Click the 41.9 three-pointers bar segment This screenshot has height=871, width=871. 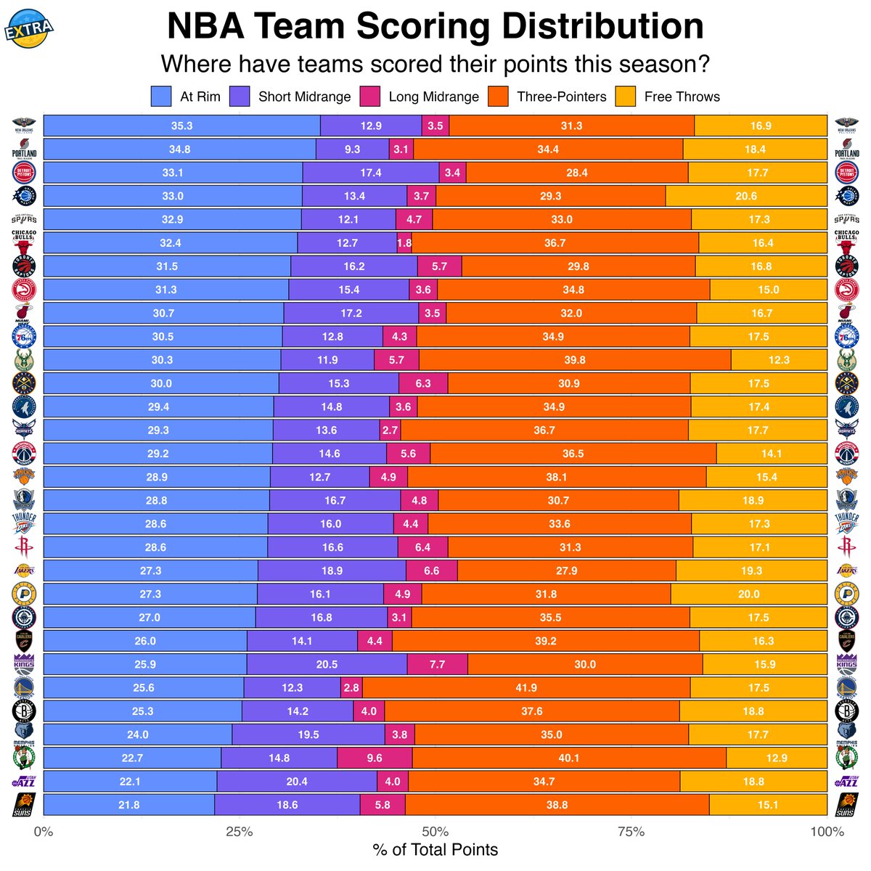pyautogui.click(x=526, y=687)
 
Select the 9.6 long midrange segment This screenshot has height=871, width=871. pyautogui.click(x=375, y=758)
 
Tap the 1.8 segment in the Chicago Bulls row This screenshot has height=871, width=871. pyautogui.click(x=404, y=243)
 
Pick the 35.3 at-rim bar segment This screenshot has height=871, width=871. pyautogui.click(x=181, y=126)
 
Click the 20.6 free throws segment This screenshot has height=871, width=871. pyautogui.click(x=745, y=196)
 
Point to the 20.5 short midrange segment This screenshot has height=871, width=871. pyautogui.click(x=327, y=664)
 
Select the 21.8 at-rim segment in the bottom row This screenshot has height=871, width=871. pyautogui.click(x=129, y=804)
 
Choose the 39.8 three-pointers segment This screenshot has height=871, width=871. pyautogui.click(x=575, y=360)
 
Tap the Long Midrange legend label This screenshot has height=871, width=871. pyautogui.click(x=433, y=97)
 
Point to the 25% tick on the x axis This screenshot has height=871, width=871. pyautogui.click(x=239, y=831)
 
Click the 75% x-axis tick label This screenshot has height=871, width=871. pyautogui.click(x=631, y=831)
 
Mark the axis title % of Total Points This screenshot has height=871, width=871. pyautogui.click(x=435, y=850)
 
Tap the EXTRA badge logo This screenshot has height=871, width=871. pyautogui.click(x=29, y=27)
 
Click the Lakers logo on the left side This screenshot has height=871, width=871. pyautogui.click(x=24, y=571)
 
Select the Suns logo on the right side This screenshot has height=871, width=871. pyautogui.click(x=846, y=804)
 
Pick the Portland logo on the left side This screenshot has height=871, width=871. pyautogui.click(x=24, y=149)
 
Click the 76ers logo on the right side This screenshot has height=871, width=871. pyautogui.click(x=846, y=337)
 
